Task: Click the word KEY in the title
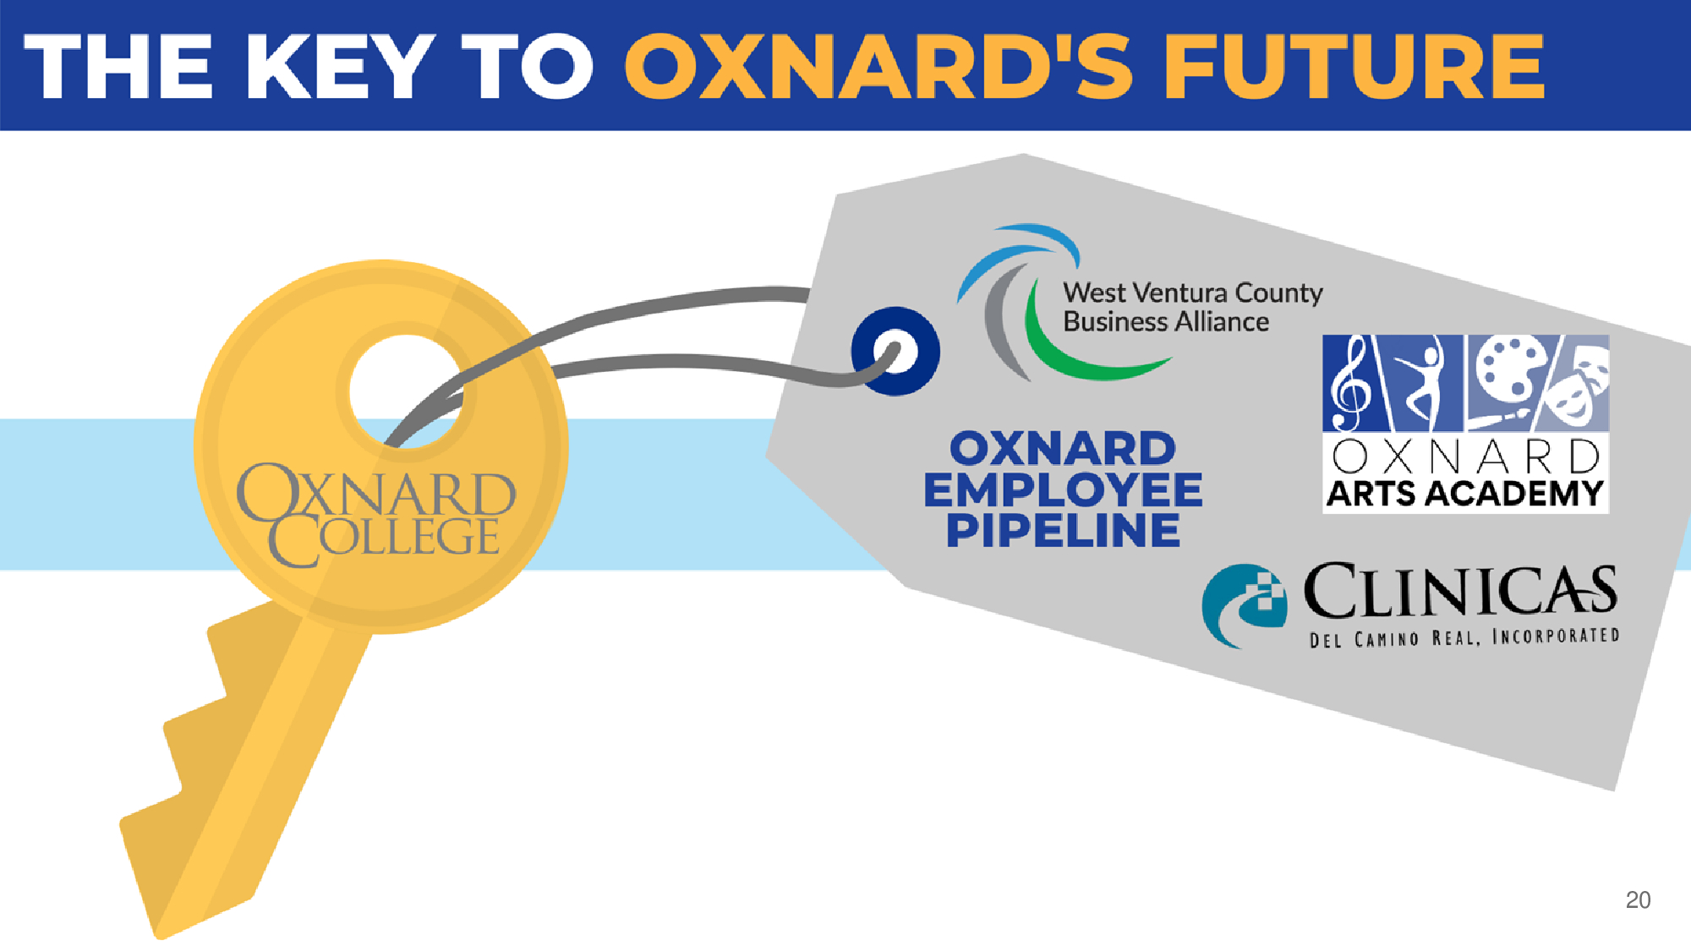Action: click(x=340, y=67)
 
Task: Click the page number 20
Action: click(x=1638, y=900)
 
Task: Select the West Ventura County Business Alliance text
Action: click(x=1192, y=307)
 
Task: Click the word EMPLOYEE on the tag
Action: click(x=1063, y=489)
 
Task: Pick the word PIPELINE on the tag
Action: click(x=1063, y=530)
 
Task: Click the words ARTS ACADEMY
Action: click(x=1465, y=494)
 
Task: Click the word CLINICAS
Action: click(x=1460, y=590)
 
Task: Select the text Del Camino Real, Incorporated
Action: click(x=1464, y=637)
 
